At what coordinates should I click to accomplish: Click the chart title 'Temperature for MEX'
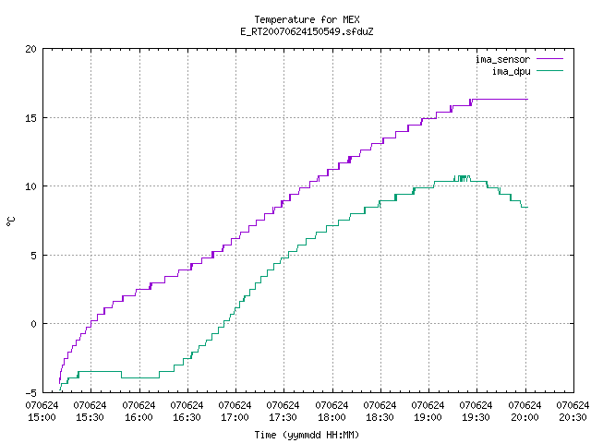[307, 19]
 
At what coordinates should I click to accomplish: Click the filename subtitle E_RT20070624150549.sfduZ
[307, 31]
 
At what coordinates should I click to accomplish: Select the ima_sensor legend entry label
[502, 59]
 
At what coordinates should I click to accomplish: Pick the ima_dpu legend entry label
[511, 71]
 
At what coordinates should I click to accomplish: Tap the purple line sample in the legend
[549, 59]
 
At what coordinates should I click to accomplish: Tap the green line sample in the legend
[549, 70]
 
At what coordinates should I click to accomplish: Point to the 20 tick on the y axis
[31, 49]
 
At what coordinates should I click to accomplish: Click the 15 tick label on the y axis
[31, 118]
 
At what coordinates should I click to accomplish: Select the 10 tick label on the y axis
[31, 186]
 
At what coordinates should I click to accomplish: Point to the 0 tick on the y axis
[34, 324]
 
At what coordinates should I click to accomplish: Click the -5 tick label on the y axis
[31, 393]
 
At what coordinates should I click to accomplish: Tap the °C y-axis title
[11, 221]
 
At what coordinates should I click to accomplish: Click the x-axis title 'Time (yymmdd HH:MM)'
[307, 435]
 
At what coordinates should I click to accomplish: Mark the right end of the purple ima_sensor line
[527, 99]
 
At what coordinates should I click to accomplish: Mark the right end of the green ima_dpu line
[527, 207]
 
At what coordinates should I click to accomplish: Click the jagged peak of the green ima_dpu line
[462, 177]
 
